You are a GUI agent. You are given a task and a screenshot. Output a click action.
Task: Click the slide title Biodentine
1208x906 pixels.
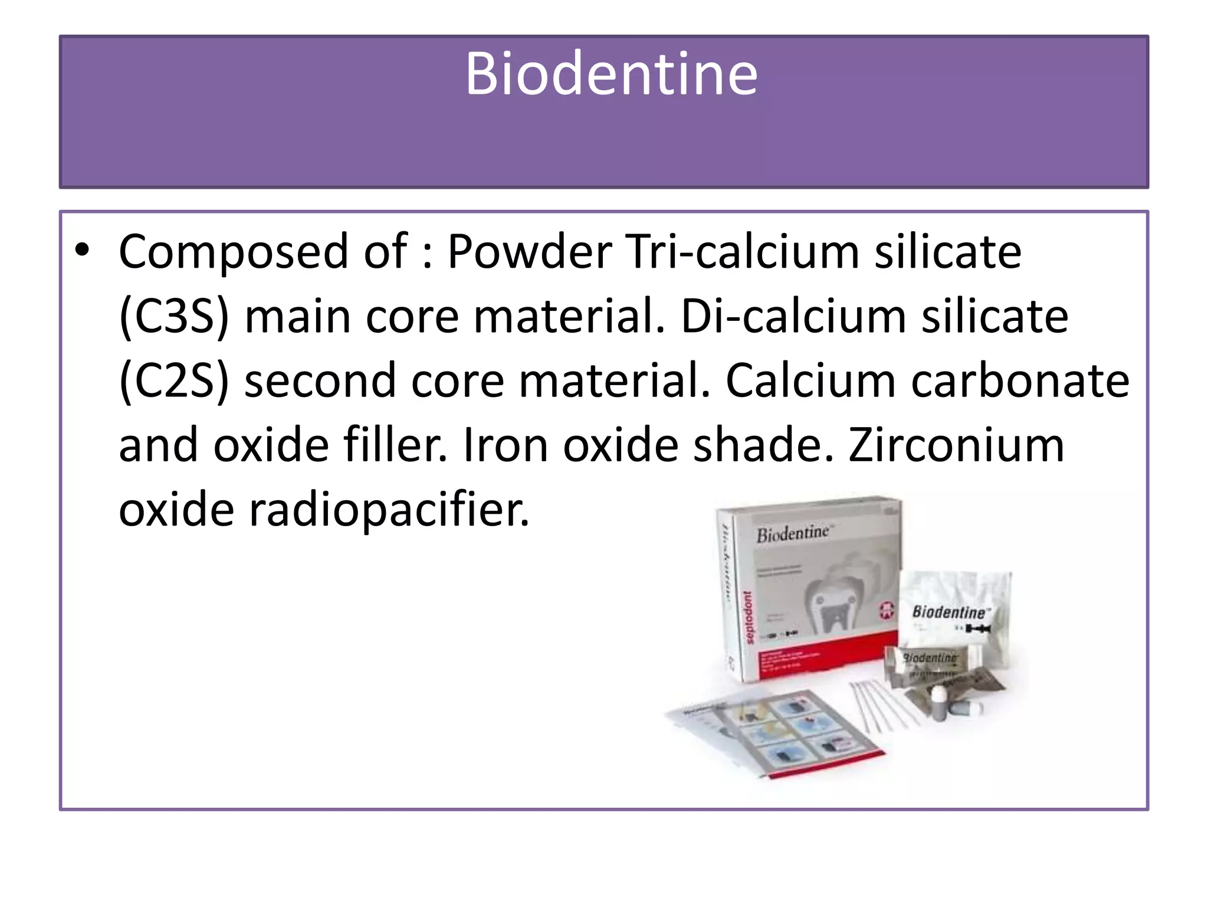click(x=611, y=74)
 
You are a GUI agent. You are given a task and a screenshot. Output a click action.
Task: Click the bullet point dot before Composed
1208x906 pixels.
click(x=82, y=251)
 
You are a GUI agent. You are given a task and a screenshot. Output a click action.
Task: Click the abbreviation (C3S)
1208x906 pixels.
click(x=174, y=317)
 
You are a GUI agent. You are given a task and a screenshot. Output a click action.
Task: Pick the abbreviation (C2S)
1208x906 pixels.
click(x=174, y=381)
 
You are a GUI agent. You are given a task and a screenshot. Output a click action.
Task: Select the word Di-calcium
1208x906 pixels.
click(x=793, y=317)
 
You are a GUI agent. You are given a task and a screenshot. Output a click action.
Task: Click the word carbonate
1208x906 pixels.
click(x=1020, y=381)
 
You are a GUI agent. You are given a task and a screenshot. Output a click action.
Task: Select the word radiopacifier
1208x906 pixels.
click(x=389, y=510)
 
